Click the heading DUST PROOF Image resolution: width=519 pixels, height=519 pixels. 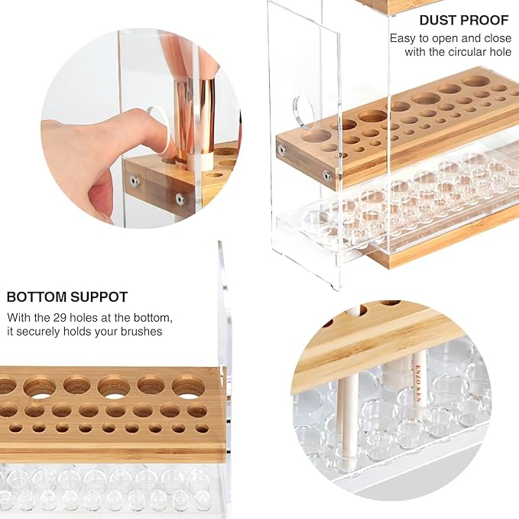point(464,20)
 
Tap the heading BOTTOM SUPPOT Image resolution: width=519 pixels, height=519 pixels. point(67,297)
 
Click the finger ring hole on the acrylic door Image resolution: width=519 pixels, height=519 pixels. point(303,112)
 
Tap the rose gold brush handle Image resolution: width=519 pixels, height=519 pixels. point(195,119)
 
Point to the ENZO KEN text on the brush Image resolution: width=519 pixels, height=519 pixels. point(417,383)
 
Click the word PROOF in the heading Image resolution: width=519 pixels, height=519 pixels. point(487,20)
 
